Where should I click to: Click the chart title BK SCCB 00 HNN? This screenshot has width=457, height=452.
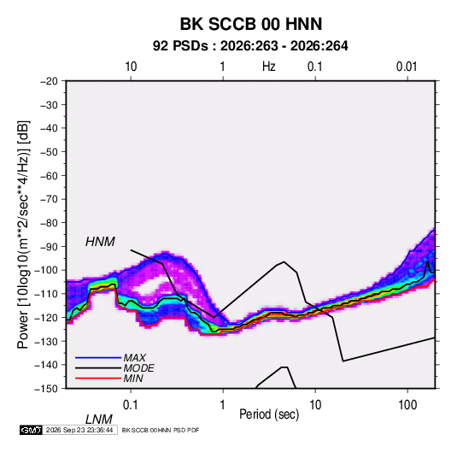tap(251, 24)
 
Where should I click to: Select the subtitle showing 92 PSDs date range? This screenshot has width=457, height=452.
tap(250, 46)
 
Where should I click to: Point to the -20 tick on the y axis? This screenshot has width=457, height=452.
tap(49, 81)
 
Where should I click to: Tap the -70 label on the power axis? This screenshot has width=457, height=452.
tap(49, 199)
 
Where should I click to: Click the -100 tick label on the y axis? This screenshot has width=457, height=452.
tap(46, 270)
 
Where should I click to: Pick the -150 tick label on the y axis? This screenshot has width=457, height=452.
tap(46, 389)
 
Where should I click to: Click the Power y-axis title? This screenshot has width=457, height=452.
tap(23, 234)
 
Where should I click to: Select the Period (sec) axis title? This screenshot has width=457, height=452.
tap(269, 414)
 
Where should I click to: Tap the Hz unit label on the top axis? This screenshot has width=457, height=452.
tap(268, 67)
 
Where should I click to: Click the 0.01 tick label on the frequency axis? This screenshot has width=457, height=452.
tap(407, 67)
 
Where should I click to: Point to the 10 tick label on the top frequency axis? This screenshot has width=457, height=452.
tap(131, 67)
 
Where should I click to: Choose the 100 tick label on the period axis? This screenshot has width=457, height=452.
tap(407, 405)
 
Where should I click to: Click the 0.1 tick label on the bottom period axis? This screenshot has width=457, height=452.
tap(131, 405)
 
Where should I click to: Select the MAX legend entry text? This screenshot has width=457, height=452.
tap(134, 358)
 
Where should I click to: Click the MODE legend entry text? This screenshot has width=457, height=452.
tap(138, 368)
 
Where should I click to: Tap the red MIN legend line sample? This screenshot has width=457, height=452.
tap(98, 379)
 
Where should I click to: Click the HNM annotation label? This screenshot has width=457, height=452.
tap(100, 242)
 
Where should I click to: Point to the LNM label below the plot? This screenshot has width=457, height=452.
tap(98, 420)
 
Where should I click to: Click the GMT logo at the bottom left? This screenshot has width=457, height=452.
tap(32, 430)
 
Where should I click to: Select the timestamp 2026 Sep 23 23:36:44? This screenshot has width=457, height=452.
tap(79, 430)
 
